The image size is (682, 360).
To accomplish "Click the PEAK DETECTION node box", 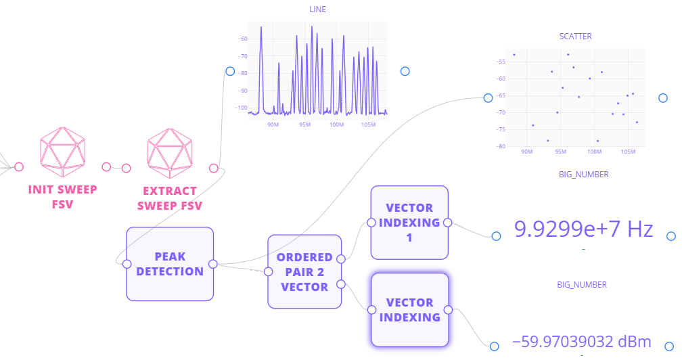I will [170, 264].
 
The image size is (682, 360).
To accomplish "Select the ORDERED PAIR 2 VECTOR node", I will [304, 272].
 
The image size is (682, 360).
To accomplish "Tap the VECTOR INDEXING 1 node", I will [409, 223].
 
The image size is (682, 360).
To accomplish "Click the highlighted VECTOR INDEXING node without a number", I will [409, 309].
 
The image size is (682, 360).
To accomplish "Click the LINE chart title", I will [317, 9].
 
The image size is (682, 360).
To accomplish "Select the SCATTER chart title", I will [575, 37].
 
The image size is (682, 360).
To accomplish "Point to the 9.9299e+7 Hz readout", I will [583, 229].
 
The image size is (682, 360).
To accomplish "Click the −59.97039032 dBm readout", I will [582, 340].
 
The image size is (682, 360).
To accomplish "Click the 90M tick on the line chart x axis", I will [273, 125].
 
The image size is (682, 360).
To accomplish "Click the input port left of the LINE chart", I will [230, 71].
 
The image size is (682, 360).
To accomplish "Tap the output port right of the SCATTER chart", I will [663, 98].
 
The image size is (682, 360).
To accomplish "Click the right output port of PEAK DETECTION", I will [212, 264].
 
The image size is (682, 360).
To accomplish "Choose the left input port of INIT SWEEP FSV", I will [19, 166].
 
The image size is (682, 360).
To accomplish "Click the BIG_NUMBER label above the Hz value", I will [583, 175].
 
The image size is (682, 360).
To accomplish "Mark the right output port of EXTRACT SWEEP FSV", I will [214, 168].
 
